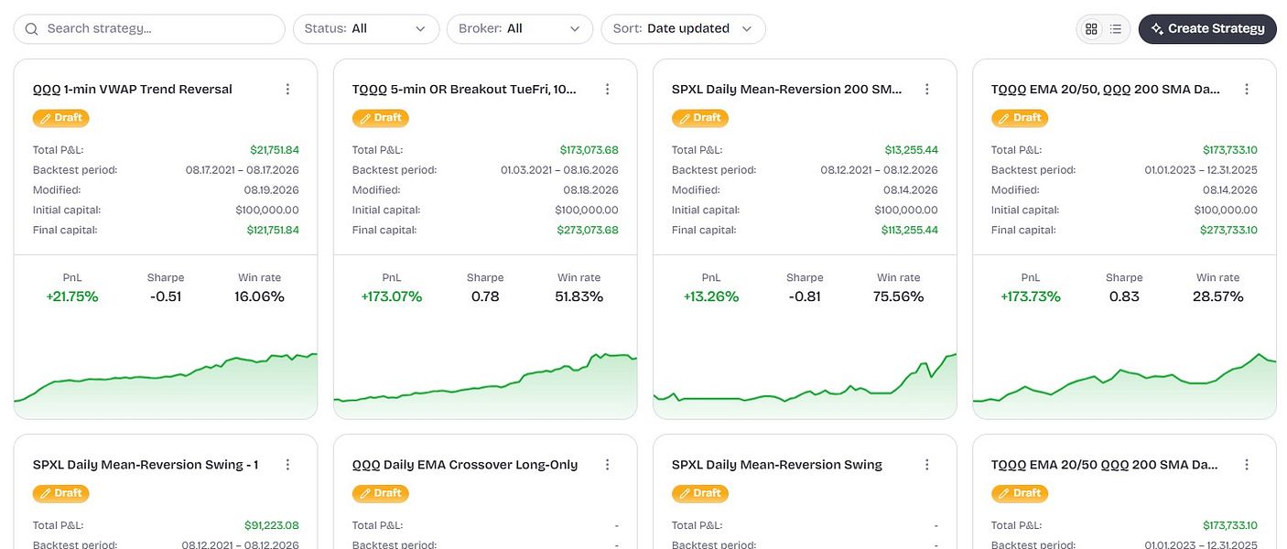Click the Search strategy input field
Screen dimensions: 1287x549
tap(149, 28)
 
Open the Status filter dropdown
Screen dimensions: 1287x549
tap(366, 28)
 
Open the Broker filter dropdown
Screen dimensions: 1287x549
tap(519, 28)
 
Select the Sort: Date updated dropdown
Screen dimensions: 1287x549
tap(683, 28)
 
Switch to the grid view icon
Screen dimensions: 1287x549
tap(1091, 28)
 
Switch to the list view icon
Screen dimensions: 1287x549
tap(1115, 28)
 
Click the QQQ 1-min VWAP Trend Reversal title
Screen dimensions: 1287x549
tap(132, 89)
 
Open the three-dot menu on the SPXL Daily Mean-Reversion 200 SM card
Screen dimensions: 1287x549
tap(926, 89)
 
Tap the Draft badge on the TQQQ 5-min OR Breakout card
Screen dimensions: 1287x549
tap(381, 118)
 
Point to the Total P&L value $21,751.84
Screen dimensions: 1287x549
tap(274, 150)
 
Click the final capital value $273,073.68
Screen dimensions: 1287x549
tap(587, 230)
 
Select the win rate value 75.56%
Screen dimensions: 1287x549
tap(898, 296)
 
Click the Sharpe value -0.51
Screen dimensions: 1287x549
tap(166, 296)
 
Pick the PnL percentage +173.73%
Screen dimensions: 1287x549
tap(1030, 296)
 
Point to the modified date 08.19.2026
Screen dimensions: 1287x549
tap(271, 190)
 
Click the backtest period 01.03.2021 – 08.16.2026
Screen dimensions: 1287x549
tap(559, 170)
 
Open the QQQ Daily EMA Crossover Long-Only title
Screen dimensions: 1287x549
tap(465, 465)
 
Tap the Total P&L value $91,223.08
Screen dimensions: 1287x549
tap(271, 525)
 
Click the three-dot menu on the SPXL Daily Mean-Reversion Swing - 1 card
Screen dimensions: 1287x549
tap(287, 465)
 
